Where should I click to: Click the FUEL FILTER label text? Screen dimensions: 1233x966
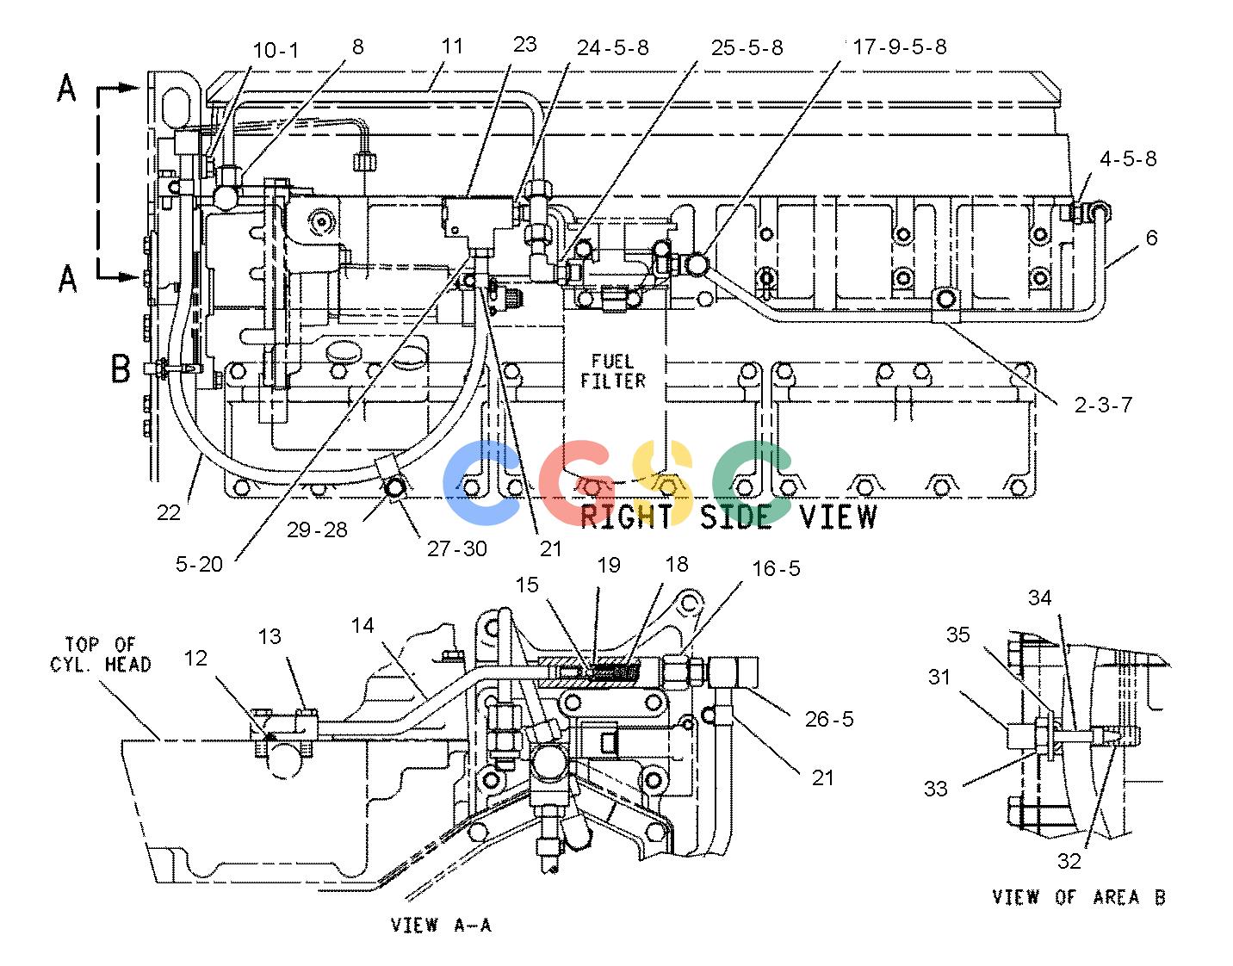coord(613,372)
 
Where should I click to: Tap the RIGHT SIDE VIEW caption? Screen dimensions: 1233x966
coord(728,517)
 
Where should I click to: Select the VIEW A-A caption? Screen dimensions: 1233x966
coord(441,926)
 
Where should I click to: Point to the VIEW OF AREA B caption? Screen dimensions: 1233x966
coord(1079,897)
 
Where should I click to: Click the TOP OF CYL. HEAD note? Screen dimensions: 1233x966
coord(101,654)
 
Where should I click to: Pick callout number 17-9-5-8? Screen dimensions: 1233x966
coord(900,46)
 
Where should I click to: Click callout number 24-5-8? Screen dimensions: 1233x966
coord(613,47)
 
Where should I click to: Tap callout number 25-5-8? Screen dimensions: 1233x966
coord(747,47)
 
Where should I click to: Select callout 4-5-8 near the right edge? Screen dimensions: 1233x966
coord(1128,158)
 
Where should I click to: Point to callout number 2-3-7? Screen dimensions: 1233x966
coord(1103,405)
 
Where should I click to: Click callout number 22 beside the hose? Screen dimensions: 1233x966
coord(169,513)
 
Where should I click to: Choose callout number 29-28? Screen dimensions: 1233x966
coord(317,529)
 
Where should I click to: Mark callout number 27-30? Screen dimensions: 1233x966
coord(456,548)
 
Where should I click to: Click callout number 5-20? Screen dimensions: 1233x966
coord(199,564)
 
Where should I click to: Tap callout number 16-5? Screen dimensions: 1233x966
coord(776,568)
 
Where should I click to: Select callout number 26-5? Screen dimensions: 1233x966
coord(829,719)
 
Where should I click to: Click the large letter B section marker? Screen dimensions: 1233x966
coord(121,368)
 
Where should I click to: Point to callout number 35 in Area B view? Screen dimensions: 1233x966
coord(957,635)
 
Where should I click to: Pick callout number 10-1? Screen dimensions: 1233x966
coord(276,50)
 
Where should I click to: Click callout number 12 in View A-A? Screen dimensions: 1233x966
coord(195,658)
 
